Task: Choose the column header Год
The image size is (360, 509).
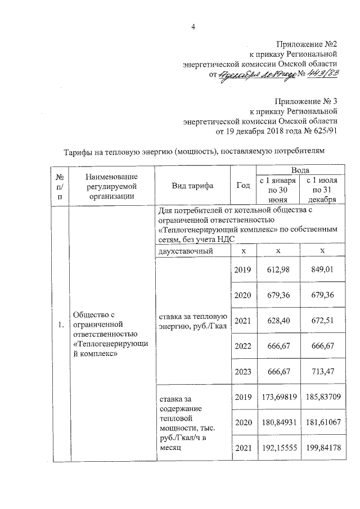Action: [243, 186]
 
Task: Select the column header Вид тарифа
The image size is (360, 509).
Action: [192, 186]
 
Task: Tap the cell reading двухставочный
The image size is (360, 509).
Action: [186, 251]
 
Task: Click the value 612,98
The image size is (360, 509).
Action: [277, 269]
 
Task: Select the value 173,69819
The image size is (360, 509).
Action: [277, 397]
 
